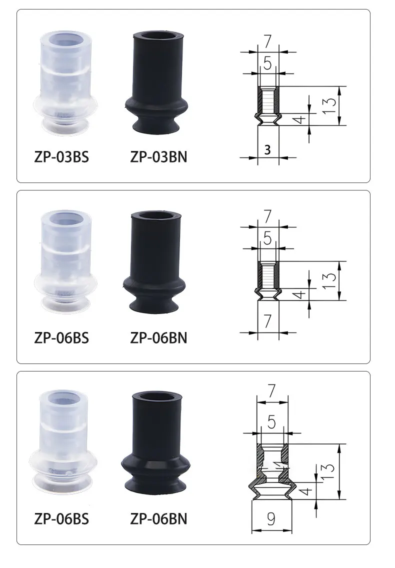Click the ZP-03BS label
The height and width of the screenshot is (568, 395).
61,157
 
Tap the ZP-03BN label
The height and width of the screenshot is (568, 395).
158,157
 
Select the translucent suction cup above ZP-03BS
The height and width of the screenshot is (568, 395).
63,83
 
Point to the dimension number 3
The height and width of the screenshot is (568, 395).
267,149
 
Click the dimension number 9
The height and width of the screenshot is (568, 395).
271,518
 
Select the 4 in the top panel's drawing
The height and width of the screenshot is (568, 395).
299,119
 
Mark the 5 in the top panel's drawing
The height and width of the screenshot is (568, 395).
267,63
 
